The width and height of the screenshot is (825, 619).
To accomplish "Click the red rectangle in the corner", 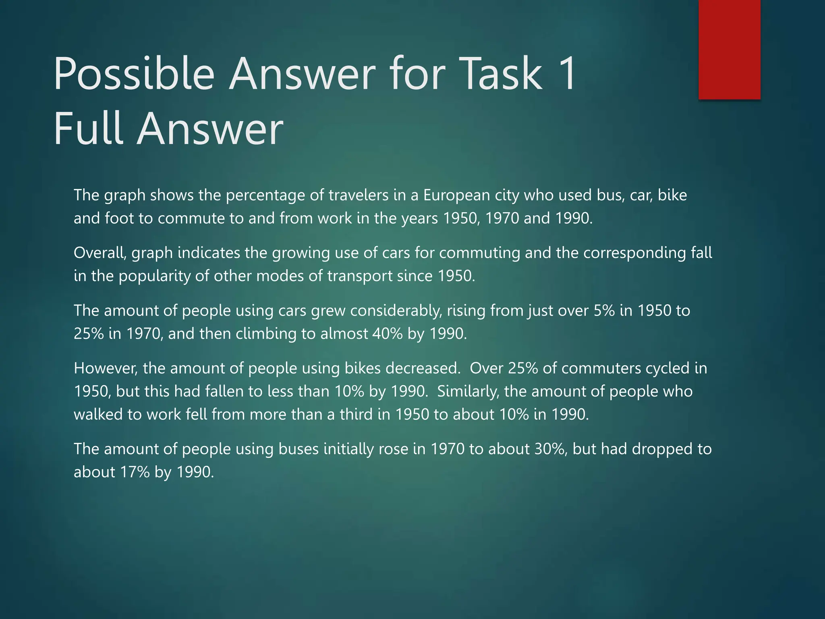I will click(x=729, y=49).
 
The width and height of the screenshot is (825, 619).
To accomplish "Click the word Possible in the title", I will click(x=134, y=74).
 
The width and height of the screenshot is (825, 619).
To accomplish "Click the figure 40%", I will click(x=388, y=334).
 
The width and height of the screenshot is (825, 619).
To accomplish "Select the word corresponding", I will click(x=634, y=253).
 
